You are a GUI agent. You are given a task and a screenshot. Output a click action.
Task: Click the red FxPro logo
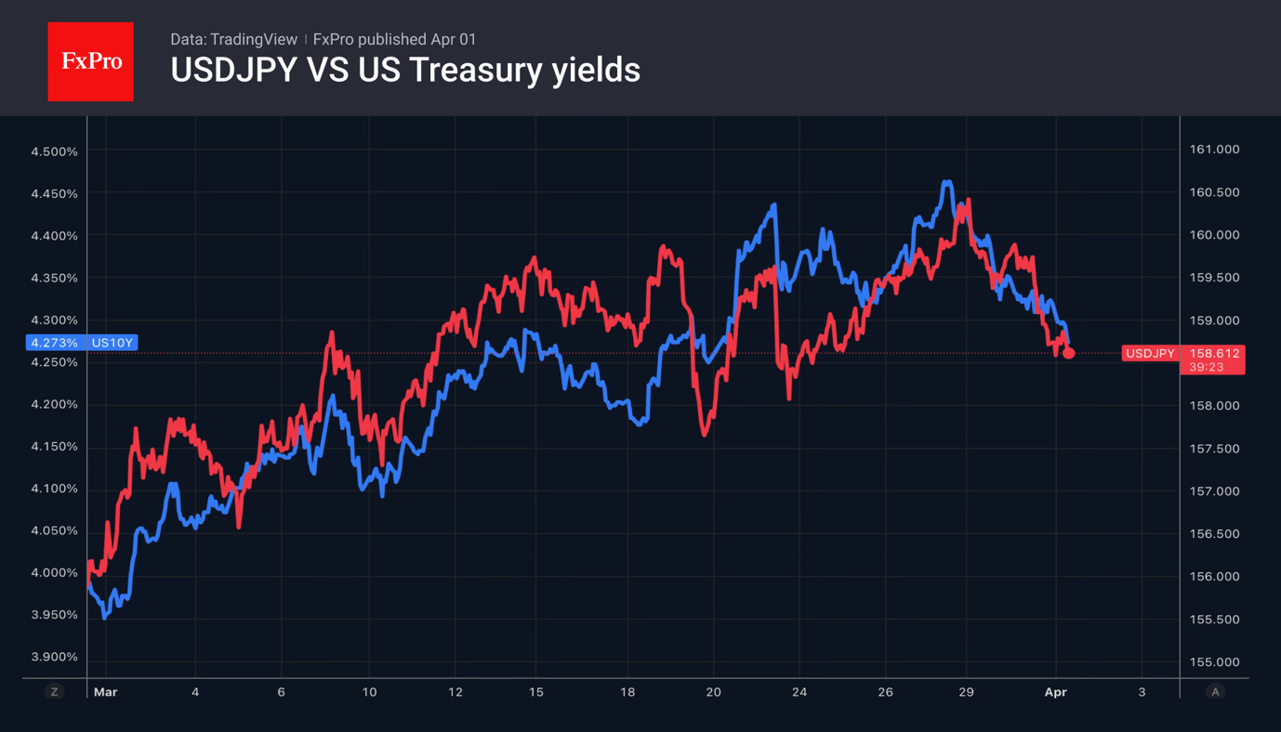pyautogui.click(x=90, y=61)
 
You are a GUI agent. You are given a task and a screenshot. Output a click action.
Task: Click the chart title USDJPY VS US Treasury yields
pyautogui.click(x=405, y=71)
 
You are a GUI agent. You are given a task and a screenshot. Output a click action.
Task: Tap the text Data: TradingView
pyautogui.click(x=233, y=39)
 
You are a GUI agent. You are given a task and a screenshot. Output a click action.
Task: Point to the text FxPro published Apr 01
pyautogui.click(x=394, y=39)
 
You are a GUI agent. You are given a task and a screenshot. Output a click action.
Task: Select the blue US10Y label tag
pyautogui.click(x=112, y=343)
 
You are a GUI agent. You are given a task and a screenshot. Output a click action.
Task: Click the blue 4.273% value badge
pyautogui.click(x=54, y=343)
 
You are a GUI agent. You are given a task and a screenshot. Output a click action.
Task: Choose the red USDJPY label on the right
pyautogui.click(x=1150, y=353)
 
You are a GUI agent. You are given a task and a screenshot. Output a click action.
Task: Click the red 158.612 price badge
pyautogui.click(x=1214, y=353)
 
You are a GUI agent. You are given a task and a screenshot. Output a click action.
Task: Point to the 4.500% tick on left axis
pyautogui.click(x=54, y=151)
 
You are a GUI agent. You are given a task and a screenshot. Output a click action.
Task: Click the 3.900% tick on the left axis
pyautogui.click(x=54, y=657)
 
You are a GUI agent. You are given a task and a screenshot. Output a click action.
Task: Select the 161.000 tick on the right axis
pyautogui.click(x=1214, y=150)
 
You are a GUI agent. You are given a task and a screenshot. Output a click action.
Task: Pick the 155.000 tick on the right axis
pyautogui.click(x=1214, y=662)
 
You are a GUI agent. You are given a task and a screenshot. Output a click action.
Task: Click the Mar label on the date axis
pyautogui.click(x=106, y=692)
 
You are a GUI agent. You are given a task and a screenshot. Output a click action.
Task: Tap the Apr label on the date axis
pyautogui.click(x=1055, y=692)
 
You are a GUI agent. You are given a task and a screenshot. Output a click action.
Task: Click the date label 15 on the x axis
pyautogui.click(x=535, y=692)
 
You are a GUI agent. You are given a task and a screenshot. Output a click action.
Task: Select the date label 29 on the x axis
pyautogui.click(x=966, y=692)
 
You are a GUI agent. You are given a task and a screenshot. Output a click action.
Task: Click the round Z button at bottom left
pyautogui.click(x=54, y=692)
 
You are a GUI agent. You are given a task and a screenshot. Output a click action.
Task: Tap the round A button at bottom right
pyautogui.click(x=1214, y=692)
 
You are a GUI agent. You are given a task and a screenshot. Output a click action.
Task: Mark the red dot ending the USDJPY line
pyautogui.click(x=1068, y=353)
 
